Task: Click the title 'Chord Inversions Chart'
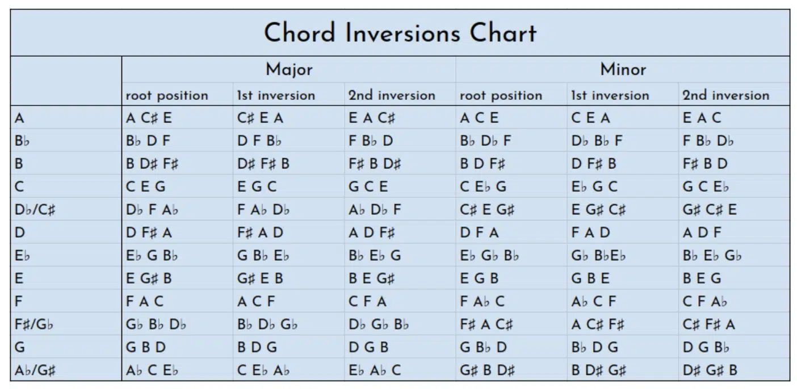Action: coord(400,33)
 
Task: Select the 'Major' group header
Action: coord(289,69)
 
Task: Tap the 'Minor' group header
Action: coord(623,69)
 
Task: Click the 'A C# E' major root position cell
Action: coord(149,118)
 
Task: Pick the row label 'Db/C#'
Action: coord(35,209)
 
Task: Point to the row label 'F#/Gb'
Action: coord(34,324)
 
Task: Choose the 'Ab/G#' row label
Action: coord(35,370)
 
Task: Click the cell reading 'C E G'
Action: coord(145,187)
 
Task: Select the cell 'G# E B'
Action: coord(260,278)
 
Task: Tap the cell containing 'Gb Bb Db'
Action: coord(156,324)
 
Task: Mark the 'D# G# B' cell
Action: coord(710,370)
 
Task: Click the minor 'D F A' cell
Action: coord(479,232)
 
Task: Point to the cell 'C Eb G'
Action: coord(483,187)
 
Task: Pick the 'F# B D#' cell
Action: coord(375,163)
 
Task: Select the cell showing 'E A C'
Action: coord(702,118)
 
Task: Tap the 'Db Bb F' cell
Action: coord(597,141)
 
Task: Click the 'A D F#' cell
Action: coord(371,232)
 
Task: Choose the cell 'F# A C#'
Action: coord(486,324)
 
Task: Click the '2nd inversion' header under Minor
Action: coord(726,95)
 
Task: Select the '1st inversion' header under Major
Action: coord(276,95)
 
